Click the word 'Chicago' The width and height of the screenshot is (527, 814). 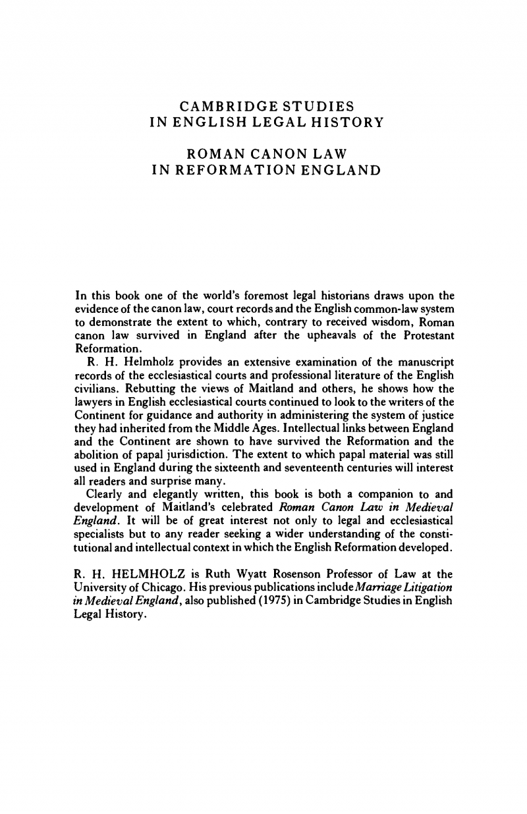coord(148,582)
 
